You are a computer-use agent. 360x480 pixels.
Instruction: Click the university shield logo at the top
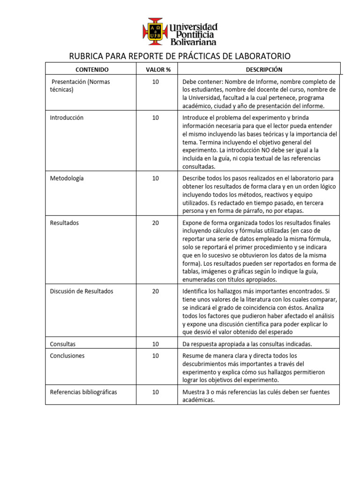155,31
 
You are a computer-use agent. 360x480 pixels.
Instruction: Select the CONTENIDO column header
92,69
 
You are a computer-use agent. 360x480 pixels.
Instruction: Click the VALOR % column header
156,69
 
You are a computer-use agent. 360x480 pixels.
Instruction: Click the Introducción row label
67,118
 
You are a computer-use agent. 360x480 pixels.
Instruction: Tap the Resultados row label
65,223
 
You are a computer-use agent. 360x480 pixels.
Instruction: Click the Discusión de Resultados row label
82,291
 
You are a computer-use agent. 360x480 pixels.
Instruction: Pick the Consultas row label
63,344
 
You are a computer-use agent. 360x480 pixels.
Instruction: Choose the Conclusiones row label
67,356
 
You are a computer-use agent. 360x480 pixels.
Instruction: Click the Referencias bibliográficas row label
83,392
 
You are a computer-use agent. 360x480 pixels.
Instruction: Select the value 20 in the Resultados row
156,223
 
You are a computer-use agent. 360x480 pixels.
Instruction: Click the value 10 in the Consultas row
156,344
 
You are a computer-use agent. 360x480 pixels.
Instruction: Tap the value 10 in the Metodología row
156,178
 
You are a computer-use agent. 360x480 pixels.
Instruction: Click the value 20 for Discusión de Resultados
156,291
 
